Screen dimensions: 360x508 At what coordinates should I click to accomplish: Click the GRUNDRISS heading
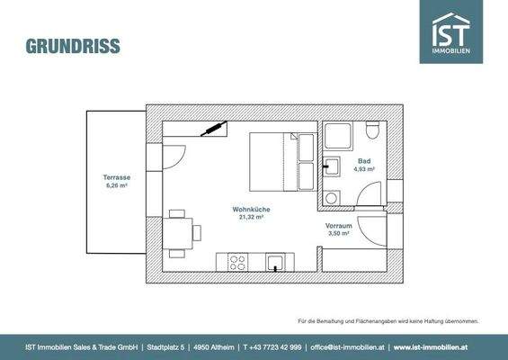tap(73, 46)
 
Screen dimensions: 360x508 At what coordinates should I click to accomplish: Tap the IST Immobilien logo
tap(450, 31)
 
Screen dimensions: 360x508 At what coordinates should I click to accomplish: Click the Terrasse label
tap(117, 178)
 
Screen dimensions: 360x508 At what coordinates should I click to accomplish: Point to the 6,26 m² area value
tap(117, 186)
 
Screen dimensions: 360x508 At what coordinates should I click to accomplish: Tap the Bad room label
tap(364, 161)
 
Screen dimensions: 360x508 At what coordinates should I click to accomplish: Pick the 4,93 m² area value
tap(364, 169)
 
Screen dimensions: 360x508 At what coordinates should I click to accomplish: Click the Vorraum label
tap(339, 225)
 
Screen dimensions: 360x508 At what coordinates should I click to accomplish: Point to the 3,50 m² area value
tap(339, 233)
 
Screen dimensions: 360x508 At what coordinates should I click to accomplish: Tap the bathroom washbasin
tap(331, 166)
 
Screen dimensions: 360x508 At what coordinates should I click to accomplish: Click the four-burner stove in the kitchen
tap(238, 262)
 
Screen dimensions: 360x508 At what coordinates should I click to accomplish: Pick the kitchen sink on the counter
tap(277, 262)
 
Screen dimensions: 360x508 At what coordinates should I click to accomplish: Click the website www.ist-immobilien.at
tap(432, 346)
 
